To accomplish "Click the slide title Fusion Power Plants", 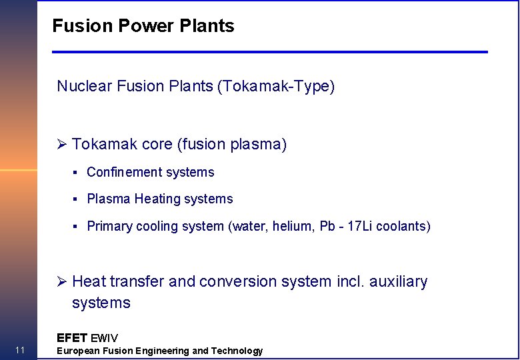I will click(x=143, y=26).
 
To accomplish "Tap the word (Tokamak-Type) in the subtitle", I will click(x=276, y=86).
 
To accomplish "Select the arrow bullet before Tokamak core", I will click(x=62, y=145).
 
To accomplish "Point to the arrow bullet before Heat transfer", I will click(x=62, y=282).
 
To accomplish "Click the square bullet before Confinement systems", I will click(x=77, y=173).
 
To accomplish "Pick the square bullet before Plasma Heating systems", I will click(x=77, y=199).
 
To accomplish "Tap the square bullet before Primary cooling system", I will click(x=77, y=227).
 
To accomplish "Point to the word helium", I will click(x=295, y=227).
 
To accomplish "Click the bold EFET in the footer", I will click(x=71, y=338).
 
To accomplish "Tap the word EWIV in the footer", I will click(x=104, y=338).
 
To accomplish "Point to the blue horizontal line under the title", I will click(x=270, y=52).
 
